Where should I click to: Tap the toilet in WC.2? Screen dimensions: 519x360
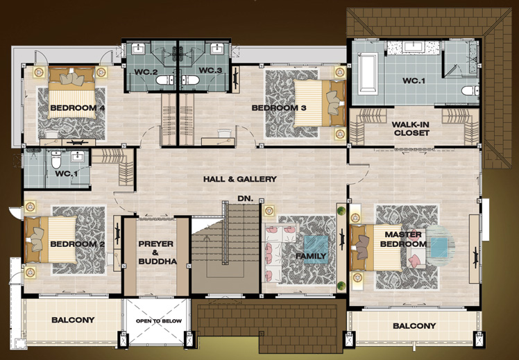(x=165, y=80)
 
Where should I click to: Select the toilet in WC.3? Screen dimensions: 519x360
(x=190, y=80)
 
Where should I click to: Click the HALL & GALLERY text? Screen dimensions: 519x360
(x=239, y=179)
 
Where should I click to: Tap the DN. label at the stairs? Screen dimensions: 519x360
(x=245, y=198)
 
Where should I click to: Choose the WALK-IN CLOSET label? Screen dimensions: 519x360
(x=411, y=129)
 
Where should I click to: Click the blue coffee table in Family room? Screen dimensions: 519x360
(x=316, y=249)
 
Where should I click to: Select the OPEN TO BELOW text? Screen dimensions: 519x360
(x=159, y=320)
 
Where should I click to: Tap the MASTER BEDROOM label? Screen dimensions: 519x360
(x=403, y=239)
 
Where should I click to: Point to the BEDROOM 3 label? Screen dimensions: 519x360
(x=279, y=108)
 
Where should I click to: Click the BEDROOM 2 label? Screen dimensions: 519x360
(x=78, y=244)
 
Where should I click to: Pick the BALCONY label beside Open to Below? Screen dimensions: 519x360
(x=73, y=320)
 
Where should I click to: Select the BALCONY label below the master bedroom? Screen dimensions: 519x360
(x=414, y=326)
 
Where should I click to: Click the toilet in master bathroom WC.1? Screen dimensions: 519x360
(x=470, y=90)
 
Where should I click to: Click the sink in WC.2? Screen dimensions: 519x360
(x=137, y=49)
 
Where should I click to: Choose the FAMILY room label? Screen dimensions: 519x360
(x=311, y=256)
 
